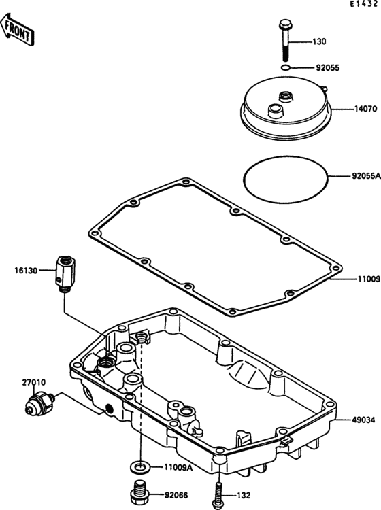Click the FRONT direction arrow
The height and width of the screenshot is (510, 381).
coord(17,29)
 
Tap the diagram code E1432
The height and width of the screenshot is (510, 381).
coord(364,4)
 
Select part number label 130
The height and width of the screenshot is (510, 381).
coord(319,42)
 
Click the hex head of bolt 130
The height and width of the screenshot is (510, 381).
coord(286,24)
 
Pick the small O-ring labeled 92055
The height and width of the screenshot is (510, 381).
coord(285,67)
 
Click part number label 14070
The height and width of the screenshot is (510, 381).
coord(365,109)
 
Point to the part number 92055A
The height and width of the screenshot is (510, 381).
coord(366,176)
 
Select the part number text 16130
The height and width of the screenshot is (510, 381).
coord(26,270)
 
